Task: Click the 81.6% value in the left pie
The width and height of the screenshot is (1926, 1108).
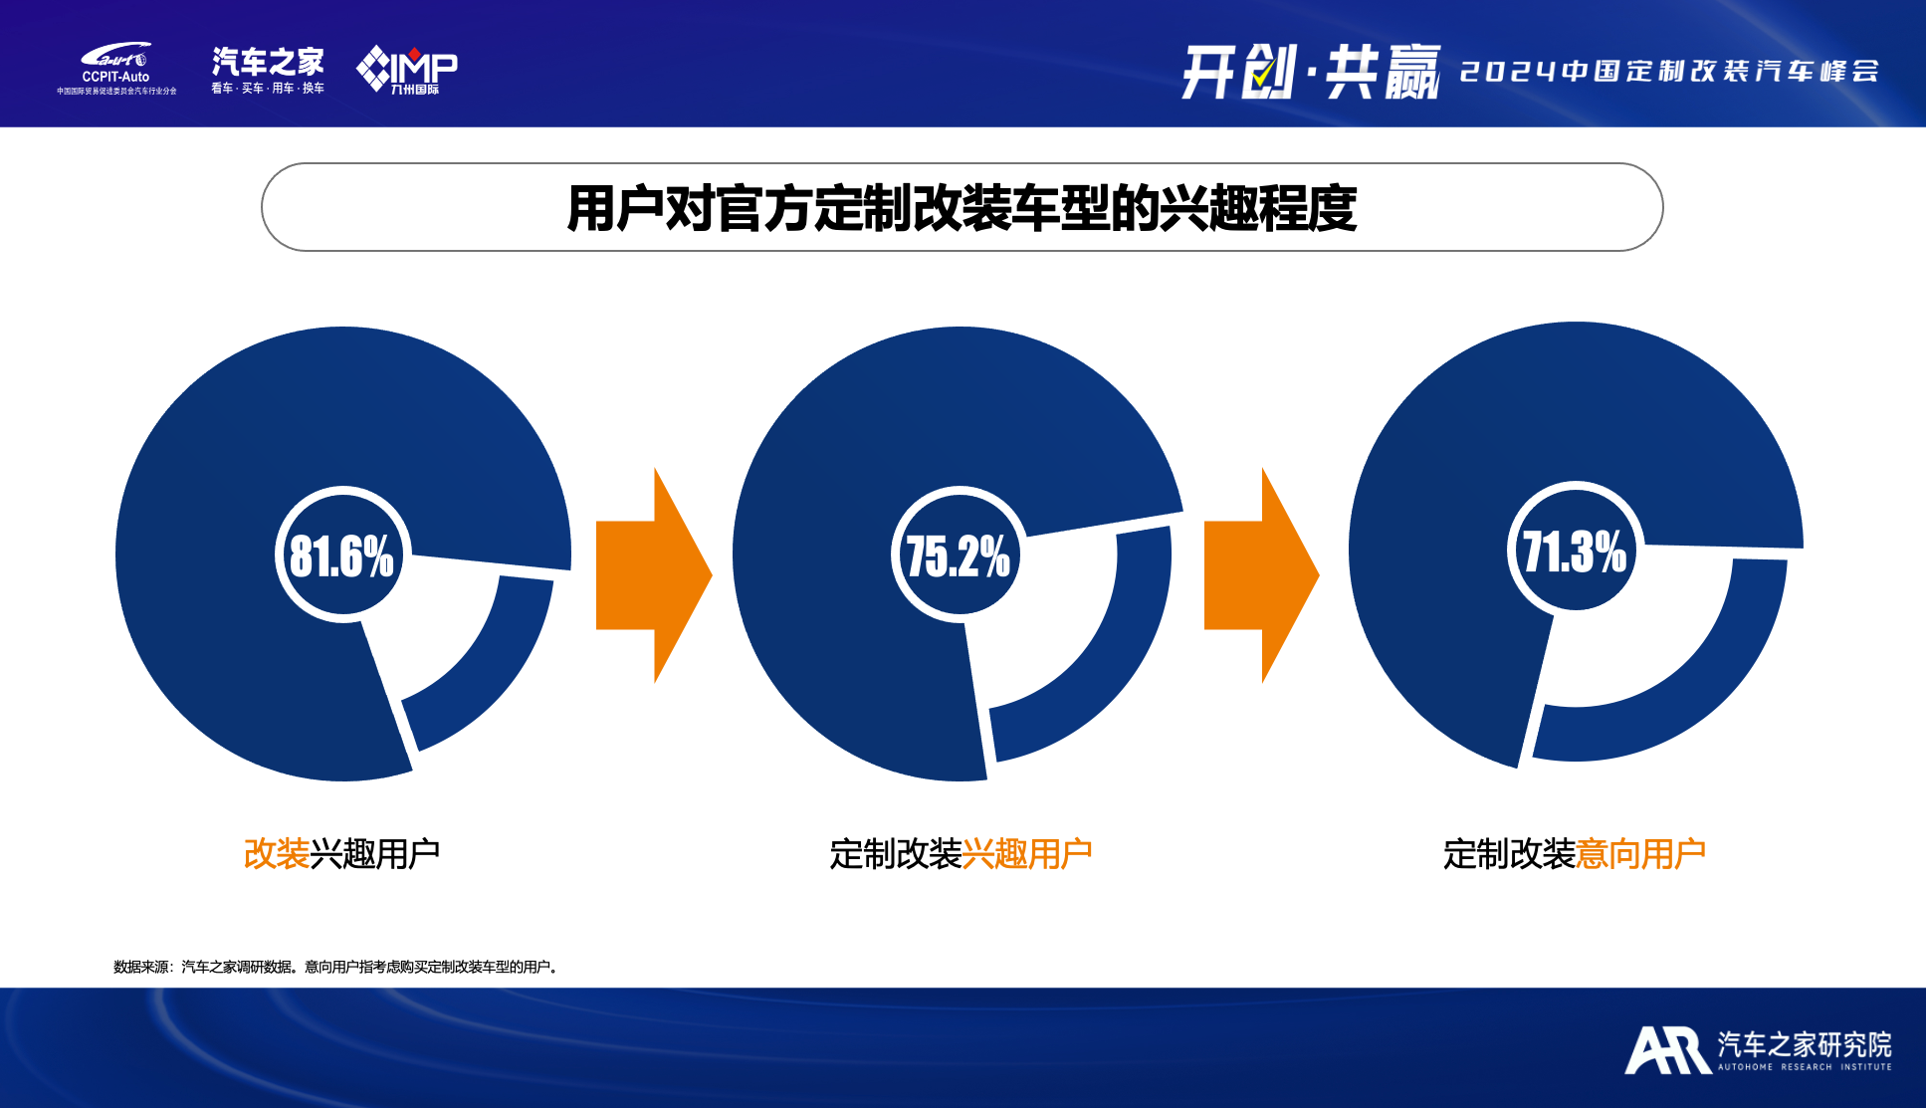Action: (341, 555)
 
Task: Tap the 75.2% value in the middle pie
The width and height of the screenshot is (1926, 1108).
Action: (958, 555)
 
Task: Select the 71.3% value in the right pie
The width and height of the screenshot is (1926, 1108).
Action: (1574, 551)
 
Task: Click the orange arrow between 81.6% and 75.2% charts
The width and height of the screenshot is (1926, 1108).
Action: (654, 575)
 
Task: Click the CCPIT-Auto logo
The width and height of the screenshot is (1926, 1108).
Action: (116, 68)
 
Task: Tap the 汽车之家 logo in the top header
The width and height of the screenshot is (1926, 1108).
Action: (268, 70)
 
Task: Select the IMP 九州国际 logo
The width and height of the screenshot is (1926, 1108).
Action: (407, 70)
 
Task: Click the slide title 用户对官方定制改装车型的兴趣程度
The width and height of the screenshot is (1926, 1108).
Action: (962, 208)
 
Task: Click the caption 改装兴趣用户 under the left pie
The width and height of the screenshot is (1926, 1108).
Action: (341, 853)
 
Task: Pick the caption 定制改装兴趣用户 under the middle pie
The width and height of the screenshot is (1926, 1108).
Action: (961, 853)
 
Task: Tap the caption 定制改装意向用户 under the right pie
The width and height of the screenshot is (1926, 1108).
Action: (1575, 853)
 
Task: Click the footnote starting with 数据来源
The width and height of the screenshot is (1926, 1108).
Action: (335, 967)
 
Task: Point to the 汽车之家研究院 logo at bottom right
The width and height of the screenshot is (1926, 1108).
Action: (1759, 1050)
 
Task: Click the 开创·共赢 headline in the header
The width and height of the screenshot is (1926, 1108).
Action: (1311, 72)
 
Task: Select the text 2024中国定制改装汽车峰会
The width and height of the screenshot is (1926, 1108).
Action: (1669, 72)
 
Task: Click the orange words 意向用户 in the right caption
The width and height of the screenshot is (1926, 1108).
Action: (1641, 853)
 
